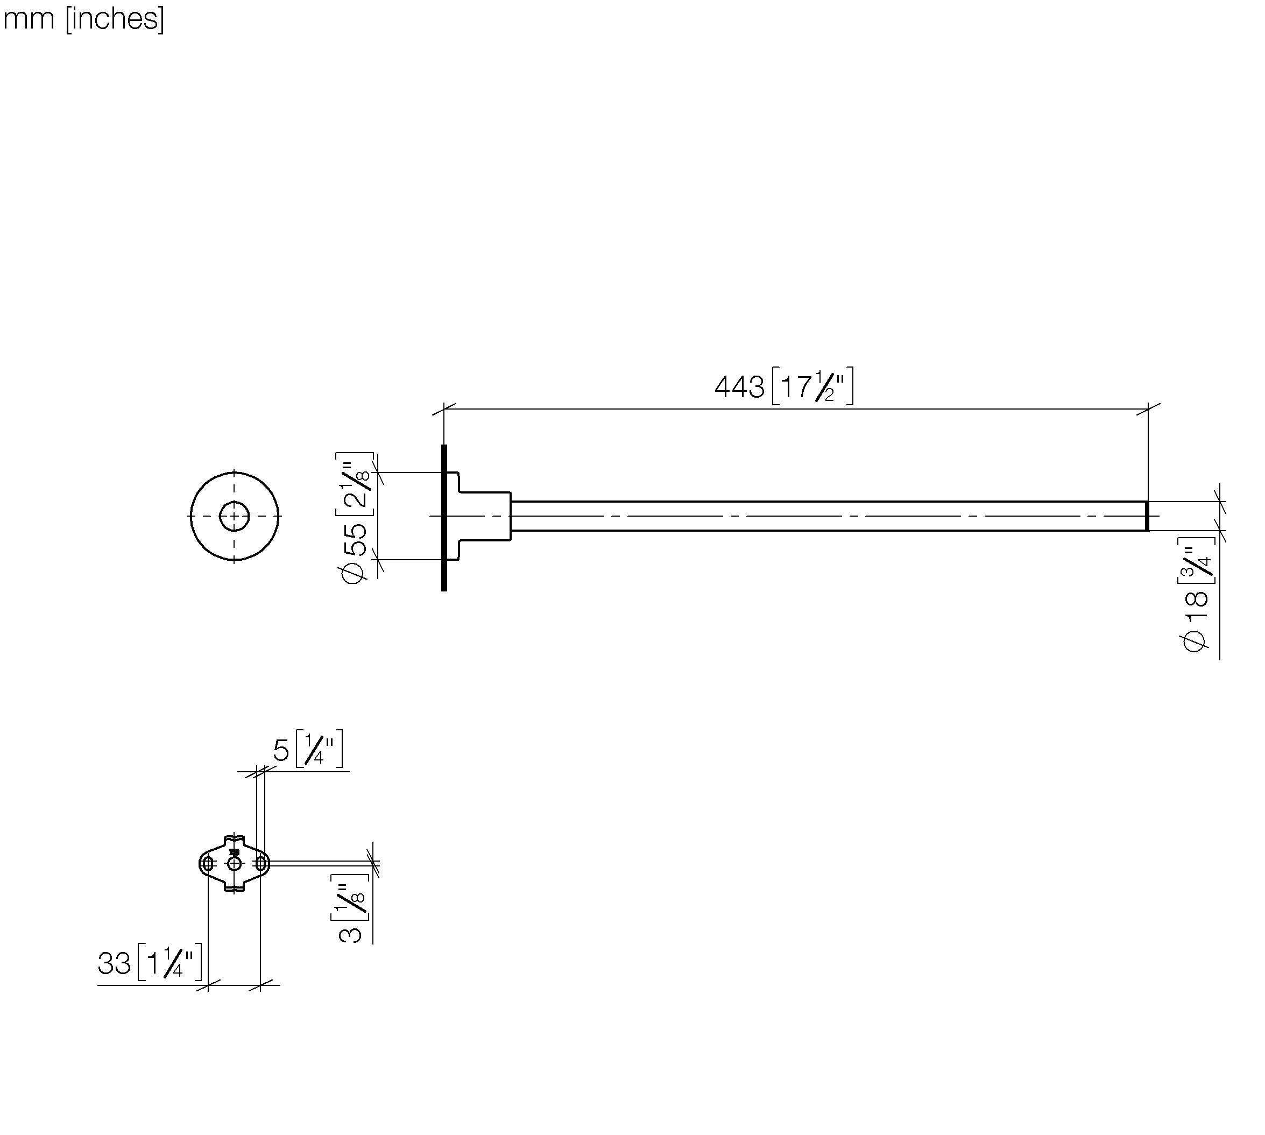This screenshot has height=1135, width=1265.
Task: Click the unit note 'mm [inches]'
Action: click(x=83, y=19)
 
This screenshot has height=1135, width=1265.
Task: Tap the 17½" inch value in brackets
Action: click(x=812, y=386)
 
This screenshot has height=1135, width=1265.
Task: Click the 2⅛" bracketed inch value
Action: click(x=355, y=484)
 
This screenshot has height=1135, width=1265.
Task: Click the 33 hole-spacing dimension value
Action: click(x=114, y=963)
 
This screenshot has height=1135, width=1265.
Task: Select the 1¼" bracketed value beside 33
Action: click(x=169, y=962)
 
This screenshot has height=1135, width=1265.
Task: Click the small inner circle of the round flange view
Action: click(x=235, y=516)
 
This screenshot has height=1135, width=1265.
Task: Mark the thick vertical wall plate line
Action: click(x=444, y=518)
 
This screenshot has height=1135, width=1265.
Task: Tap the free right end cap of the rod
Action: click(x=1147, y=516)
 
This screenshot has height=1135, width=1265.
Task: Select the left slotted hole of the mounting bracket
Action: click(x=208, y=864)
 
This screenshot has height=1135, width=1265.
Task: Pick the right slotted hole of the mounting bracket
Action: click(x=260, y=864)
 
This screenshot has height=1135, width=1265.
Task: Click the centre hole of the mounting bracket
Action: click(x=235, y=864)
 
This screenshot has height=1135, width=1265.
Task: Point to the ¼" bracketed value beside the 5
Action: click(x=319, y=749)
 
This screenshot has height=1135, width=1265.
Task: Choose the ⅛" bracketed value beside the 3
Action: click(x=350, y=897)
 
